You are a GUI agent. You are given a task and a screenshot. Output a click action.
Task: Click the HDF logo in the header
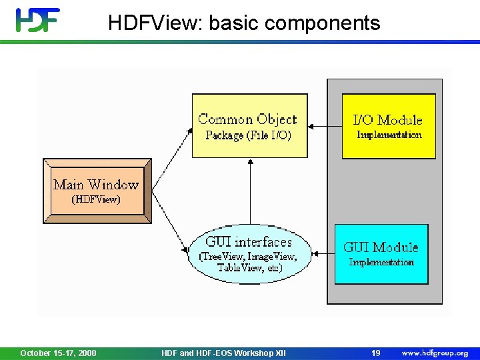38,20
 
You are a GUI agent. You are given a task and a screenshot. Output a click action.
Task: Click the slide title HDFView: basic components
244,23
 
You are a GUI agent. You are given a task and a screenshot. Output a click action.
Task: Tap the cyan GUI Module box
381,254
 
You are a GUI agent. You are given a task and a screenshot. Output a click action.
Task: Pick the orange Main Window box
97,191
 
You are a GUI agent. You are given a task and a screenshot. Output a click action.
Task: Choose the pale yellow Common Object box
249,125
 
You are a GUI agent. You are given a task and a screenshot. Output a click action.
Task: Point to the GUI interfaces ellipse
249,253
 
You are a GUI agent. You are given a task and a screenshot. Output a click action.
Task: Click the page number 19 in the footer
376,353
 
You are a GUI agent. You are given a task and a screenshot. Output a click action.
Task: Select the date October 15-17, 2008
58,353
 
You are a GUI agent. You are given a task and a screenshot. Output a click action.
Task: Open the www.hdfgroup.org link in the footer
435,353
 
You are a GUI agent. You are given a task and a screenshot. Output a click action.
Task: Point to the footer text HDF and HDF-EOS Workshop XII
223,353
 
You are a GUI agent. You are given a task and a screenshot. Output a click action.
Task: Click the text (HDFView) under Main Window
97,199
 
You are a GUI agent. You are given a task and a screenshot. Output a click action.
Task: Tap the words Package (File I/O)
248,135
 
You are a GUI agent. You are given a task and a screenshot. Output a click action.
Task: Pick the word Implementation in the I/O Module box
389,135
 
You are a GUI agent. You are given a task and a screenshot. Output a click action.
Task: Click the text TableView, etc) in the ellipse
249,268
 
